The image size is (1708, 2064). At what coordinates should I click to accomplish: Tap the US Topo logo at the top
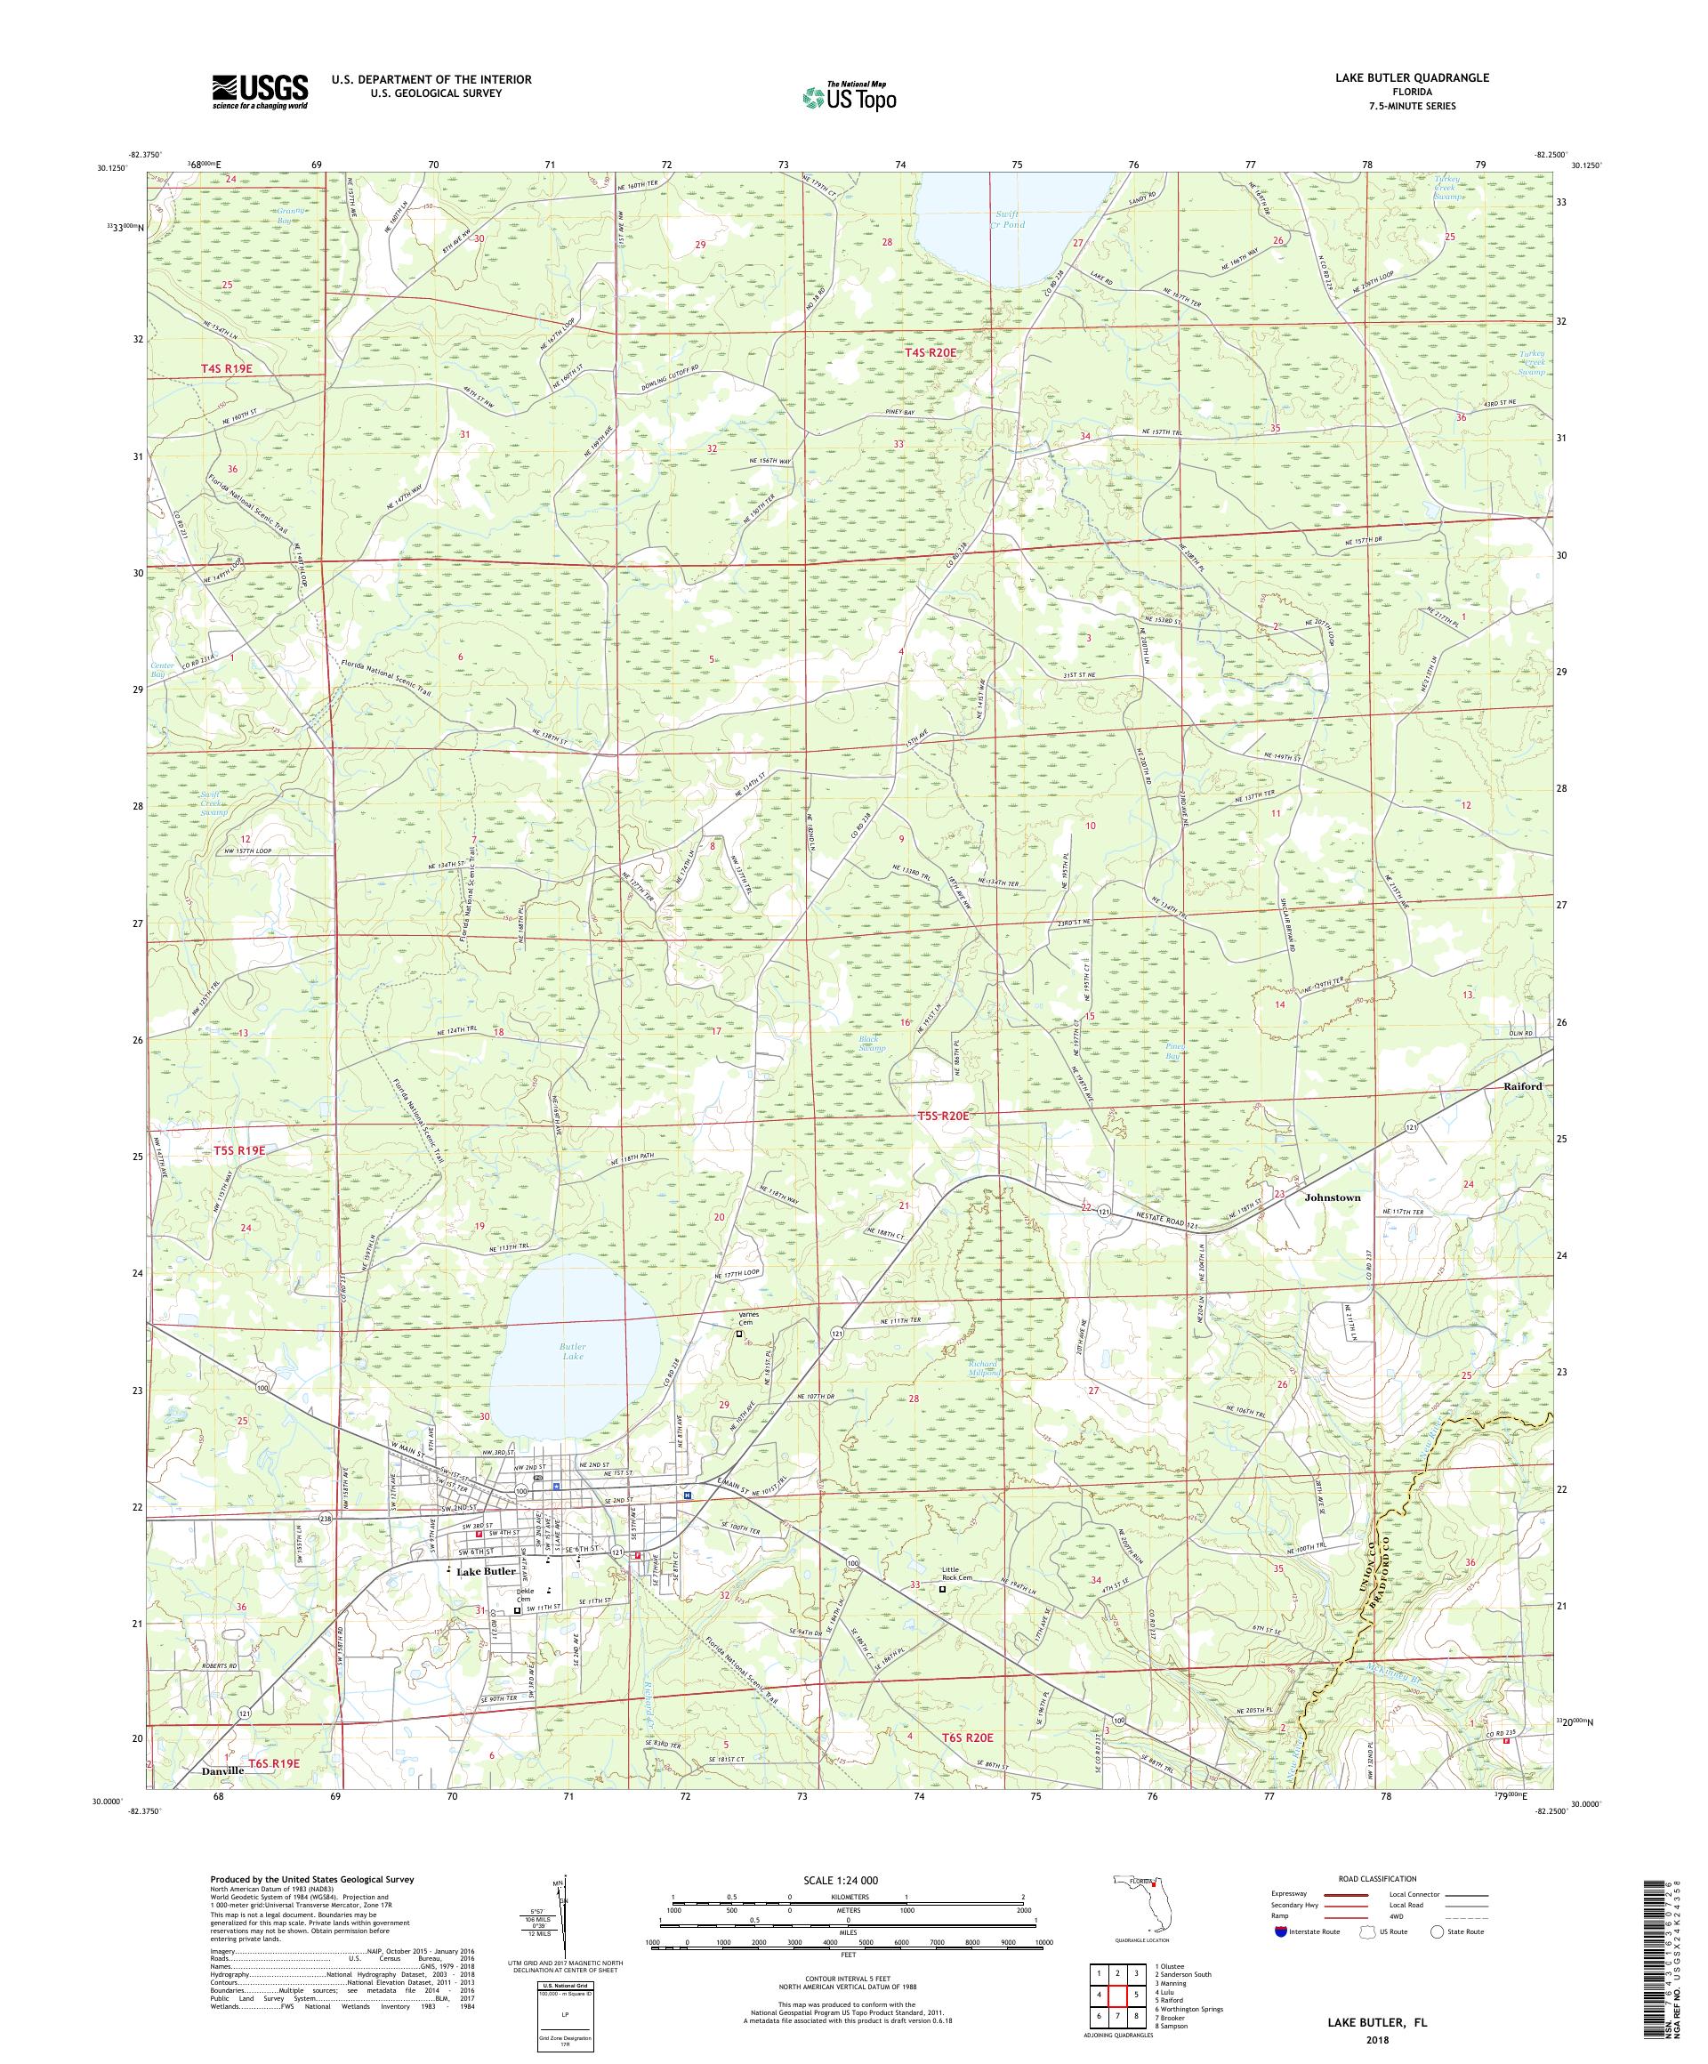[850, 96]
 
